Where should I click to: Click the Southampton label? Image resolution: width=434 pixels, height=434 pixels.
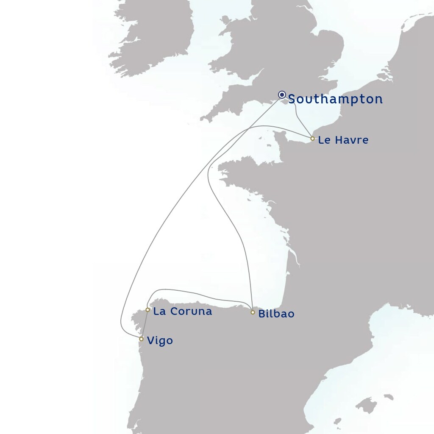point(335,99)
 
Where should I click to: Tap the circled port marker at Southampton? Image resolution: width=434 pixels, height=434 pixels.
point(282,95)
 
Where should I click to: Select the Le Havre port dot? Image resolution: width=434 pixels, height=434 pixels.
point(312,139)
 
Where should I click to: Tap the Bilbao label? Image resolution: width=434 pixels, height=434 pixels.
point(276,314)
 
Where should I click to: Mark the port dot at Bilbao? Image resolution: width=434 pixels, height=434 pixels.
point(253,312)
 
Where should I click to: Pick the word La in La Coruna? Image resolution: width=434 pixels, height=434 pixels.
point(159,312)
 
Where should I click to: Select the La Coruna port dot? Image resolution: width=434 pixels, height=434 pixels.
point(147,310)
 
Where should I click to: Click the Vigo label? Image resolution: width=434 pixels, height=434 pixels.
point(160,341)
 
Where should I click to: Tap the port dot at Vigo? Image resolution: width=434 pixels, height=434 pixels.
point(141,339)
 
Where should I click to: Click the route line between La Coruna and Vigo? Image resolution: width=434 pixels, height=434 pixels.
point(145,324)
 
